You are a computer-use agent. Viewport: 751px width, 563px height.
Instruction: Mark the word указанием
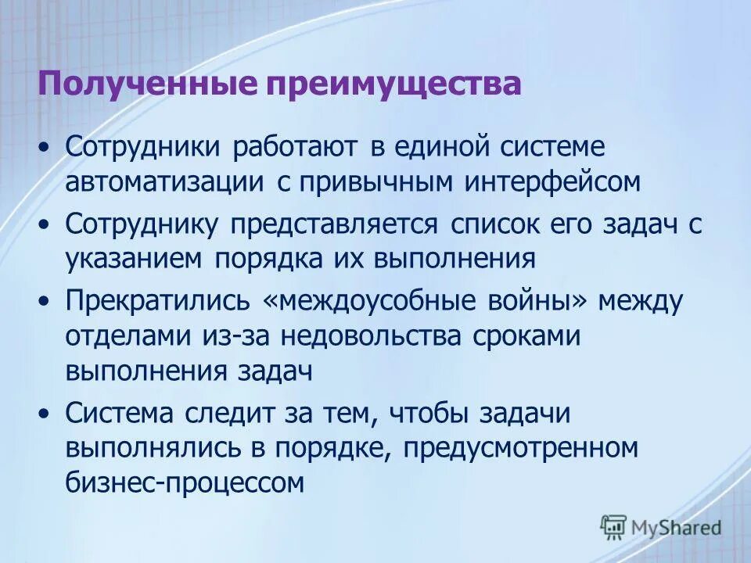coord(133,259)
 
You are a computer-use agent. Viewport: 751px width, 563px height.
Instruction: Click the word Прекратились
coord(157,299)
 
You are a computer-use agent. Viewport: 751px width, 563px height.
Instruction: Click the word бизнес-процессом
coord(184,484)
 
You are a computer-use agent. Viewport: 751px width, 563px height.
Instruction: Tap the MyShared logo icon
coord(614,527)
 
